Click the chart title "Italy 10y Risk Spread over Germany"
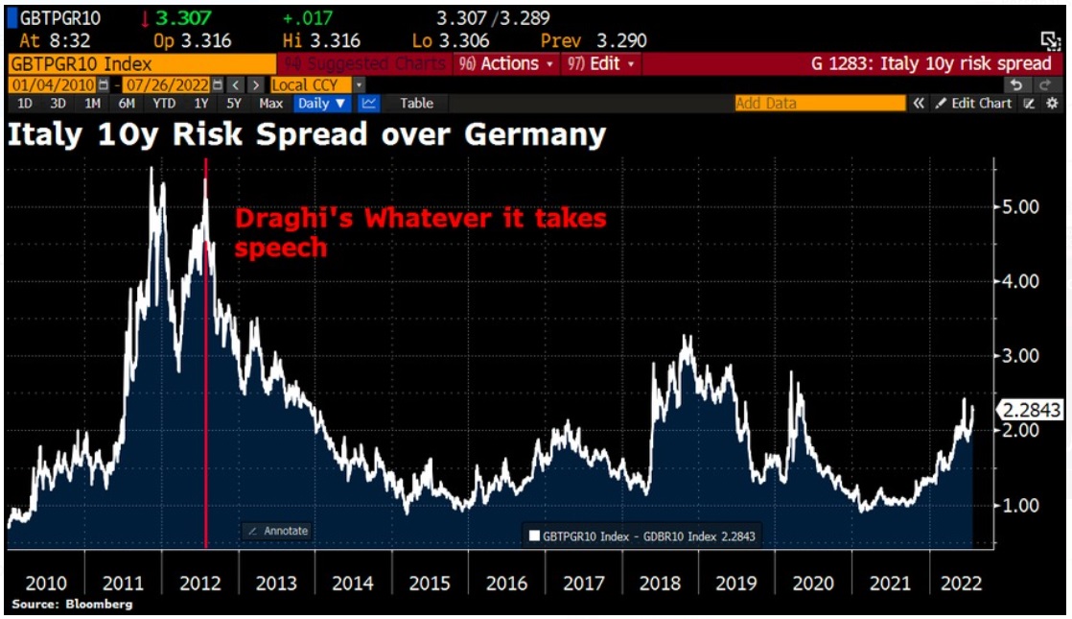coord(307,135)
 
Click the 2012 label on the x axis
coord(200,582)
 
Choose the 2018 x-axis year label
coord(661,582)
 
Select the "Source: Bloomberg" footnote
coord(72,605)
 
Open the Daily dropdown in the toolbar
coord(322,103)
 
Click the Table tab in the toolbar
coord(416,103)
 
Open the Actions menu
coord(504,63)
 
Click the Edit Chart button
coord(973,103)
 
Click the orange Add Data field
coord(819,103)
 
